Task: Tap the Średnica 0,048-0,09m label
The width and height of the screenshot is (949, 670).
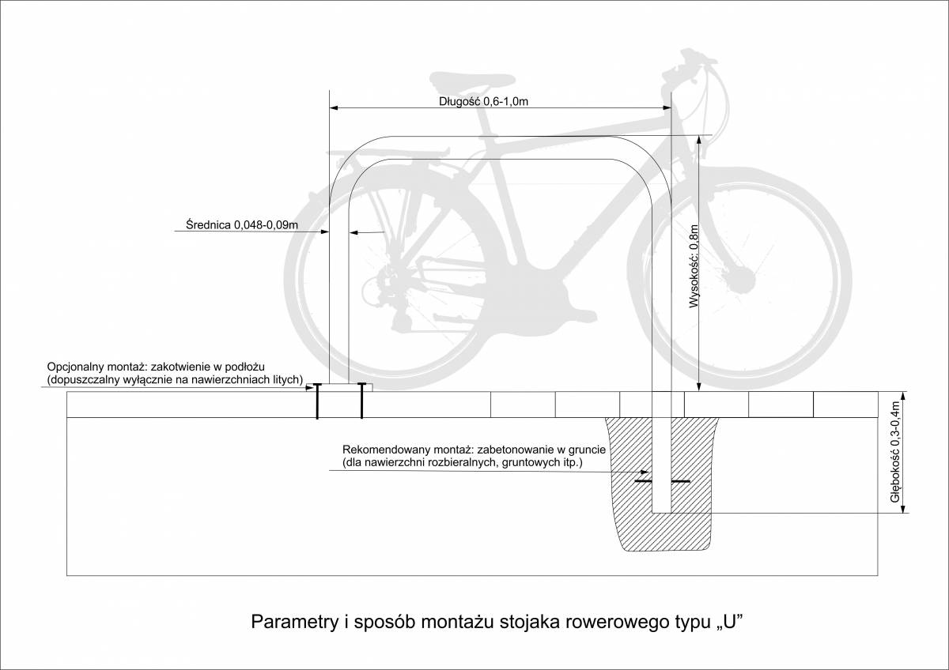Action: tap(236, 225)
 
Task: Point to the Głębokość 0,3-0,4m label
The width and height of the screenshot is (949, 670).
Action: tap(895, 452)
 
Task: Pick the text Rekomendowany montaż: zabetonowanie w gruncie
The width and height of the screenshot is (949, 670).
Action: tap(474, 448)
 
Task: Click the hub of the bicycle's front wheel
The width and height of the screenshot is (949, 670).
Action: tap(741, 278)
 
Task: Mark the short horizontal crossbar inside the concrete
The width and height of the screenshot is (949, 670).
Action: tap(663, 481)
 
